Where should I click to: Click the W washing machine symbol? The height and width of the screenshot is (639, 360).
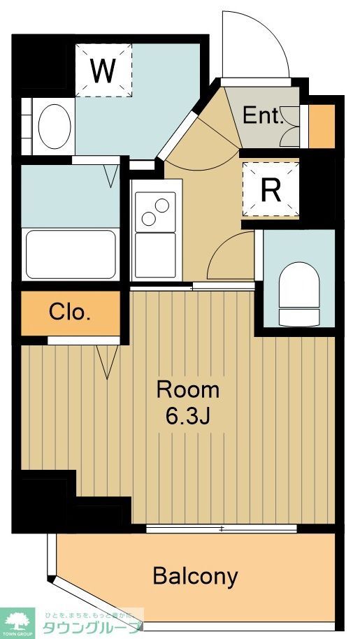pos(103,69)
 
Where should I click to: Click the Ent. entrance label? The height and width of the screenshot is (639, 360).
pos(261,116)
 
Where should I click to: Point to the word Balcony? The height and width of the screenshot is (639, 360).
pos(195,576)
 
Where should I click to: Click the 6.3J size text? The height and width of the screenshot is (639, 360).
pos(187,417)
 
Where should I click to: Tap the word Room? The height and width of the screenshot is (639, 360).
pos(187,389)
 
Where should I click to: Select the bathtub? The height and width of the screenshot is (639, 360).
pos(70,253)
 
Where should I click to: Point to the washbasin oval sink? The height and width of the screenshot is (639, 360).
pos(55,127)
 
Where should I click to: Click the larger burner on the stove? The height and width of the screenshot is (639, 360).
pos(162,206)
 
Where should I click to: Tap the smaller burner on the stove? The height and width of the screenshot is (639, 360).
pos(148,218)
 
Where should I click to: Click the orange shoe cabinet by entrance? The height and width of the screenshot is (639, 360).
pos(321,127)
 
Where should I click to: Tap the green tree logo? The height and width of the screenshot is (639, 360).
pos(17,619)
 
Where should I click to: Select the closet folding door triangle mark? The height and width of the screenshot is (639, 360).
pos(107,362)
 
